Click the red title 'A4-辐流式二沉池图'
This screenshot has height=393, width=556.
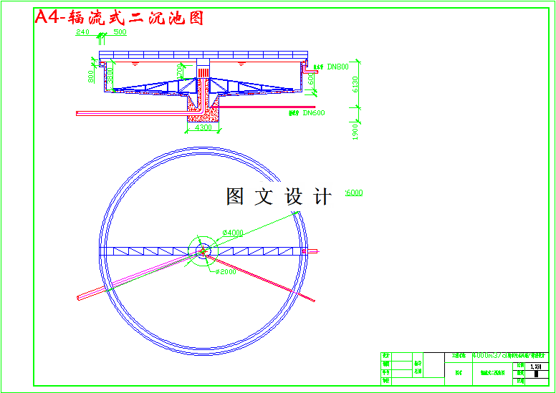point(119,18)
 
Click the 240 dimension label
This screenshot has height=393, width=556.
point(82,32)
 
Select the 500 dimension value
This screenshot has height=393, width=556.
point(120,32)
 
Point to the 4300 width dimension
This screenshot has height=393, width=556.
point(203,127)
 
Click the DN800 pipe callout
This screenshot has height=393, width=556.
point(337,67)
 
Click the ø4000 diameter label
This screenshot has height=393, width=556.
point(234,233)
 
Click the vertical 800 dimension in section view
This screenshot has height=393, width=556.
point(92,76)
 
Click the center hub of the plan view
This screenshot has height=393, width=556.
point(203,251)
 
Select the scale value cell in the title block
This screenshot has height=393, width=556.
point(535,367)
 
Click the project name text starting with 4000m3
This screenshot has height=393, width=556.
point(508,356)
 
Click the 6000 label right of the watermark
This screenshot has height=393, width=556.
point(354,193)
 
